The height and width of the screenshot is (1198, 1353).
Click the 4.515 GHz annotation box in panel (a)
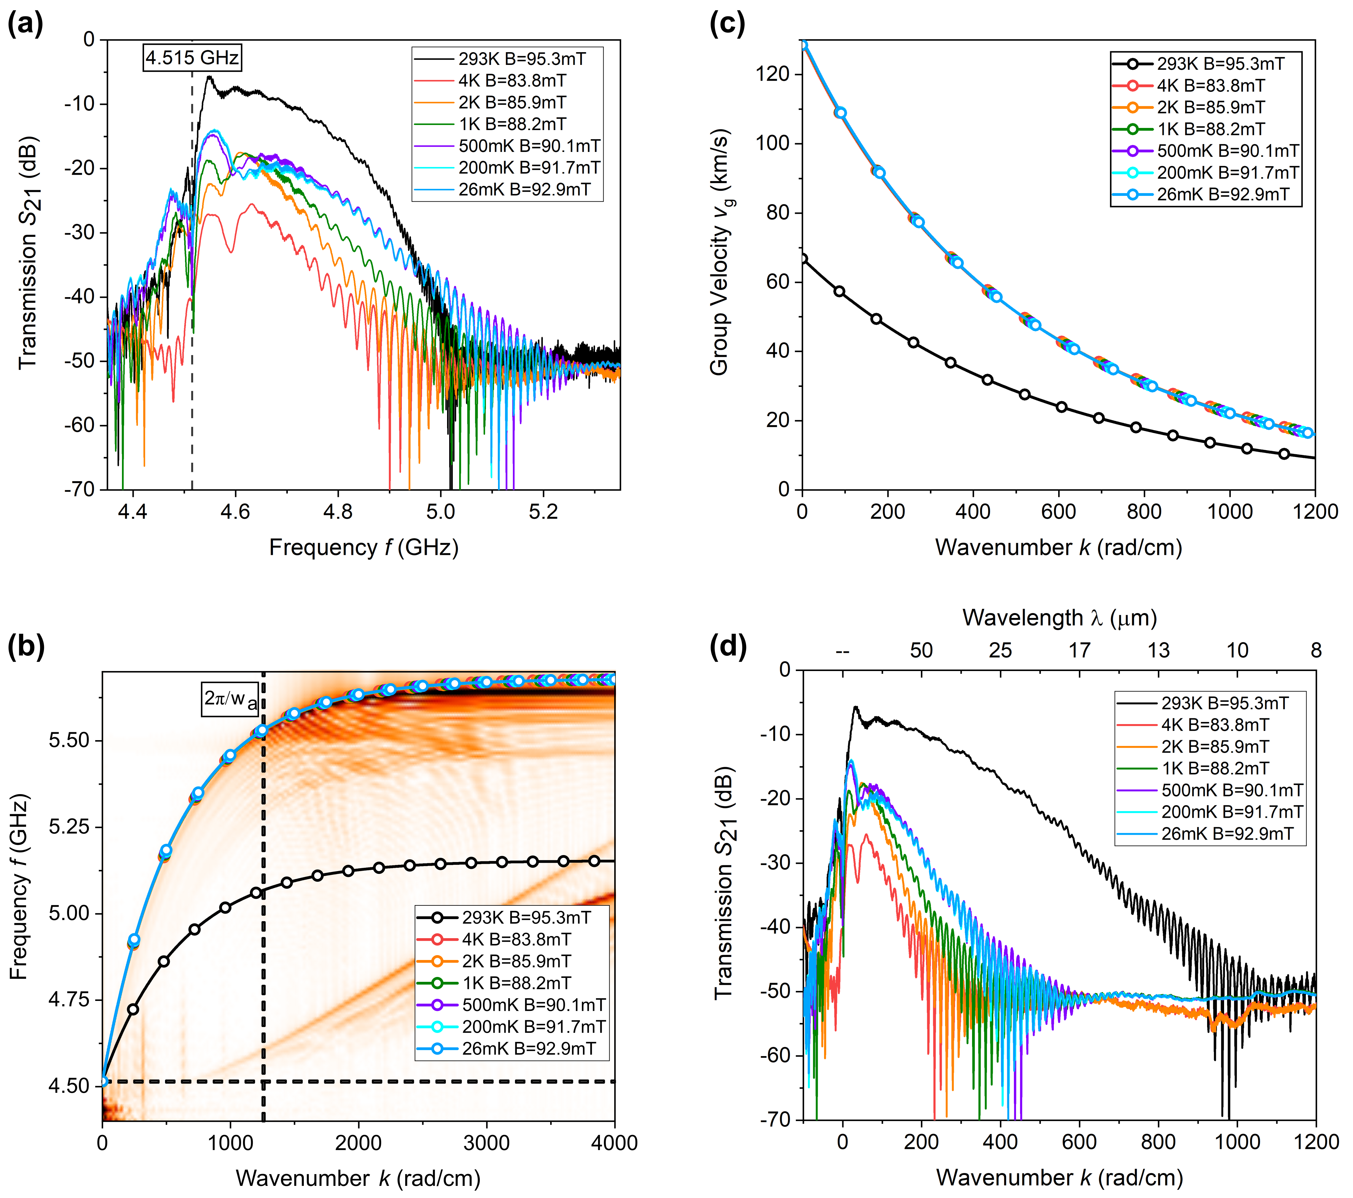coord(192,58)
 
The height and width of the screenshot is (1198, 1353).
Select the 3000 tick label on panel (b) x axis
coord(486,1143)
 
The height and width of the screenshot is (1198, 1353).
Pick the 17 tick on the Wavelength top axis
coord(1079,651)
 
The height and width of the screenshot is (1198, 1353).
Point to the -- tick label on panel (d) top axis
coord(842,651)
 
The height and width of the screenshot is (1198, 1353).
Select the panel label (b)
coord(25,647)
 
